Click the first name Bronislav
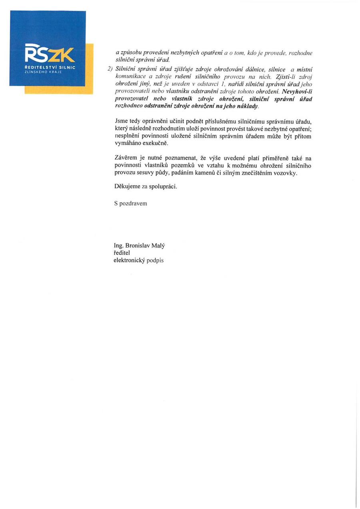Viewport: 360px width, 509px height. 138,246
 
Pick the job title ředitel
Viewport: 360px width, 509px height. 122,253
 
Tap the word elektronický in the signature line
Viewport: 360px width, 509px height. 130,260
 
